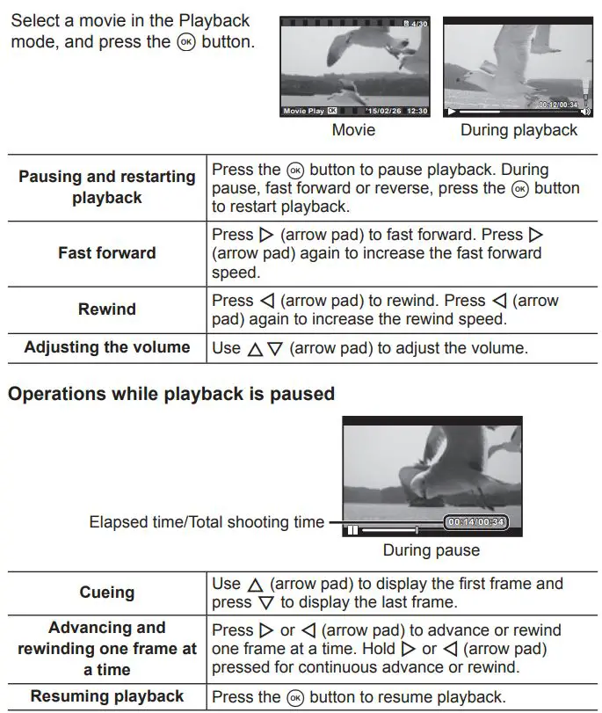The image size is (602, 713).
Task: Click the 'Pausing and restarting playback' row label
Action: [x=107, y=186]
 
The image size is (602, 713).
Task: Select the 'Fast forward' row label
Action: [x=107, y=252]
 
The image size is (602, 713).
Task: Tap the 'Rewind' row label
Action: [x=107, y=309]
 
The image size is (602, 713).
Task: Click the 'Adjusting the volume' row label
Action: [x=107, y=346]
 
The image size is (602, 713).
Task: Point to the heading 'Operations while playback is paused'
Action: [x=171, y=393]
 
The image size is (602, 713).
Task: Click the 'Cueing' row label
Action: [x=107, y=593]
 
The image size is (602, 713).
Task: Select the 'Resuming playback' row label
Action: [x=107, y=696]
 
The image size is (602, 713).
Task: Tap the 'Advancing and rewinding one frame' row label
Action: [x=107, y=648]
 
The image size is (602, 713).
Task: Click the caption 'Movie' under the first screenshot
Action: [x=353, y=130]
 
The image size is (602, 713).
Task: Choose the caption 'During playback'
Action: [x=519, y=130]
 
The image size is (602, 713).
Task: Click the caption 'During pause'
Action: [x=432, y=550]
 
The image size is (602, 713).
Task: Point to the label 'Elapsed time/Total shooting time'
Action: [x=207, y=522]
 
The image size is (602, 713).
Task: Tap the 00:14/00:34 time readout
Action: [x=475, y=522]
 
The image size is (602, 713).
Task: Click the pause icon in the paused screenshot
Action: [x=352, y=530]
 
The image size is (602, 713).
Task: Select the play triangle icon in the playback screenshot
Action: [x=452, y=112]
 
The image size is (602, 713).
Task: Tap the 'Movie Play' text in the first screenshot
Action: [x=304, y=112]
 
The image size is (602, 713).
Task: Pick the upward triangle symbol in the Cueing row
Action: [x=256, y=585]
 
